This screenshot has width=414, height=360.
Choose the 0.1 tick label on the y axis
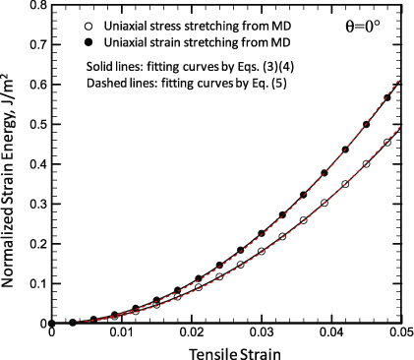coord(36,283)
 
